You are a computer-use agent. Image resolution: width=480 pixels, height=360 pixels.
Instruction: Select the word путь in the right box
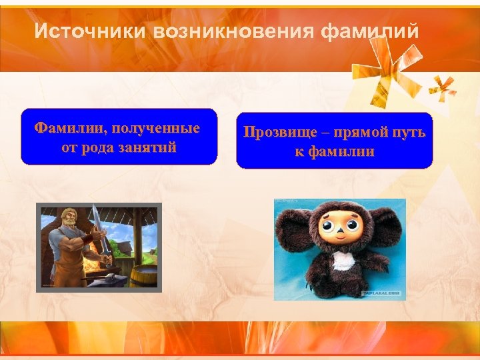pos(408,132)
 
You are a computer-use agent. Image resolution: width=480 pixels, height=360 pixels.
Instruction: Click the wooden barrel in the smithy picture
pos(141,273)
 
